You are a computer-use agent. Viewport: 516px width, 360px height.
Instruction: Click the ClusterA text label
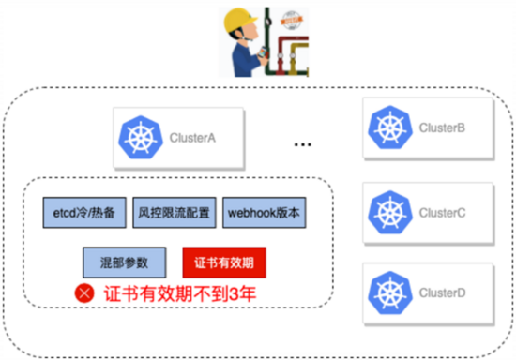(x=193, y=139)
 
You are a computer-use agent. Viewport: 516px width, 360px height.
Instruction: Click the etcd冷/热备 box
(x=83, y=213)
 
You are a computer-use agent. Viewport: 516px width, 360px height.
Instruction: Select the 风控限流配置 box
(x=174, y=213)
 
